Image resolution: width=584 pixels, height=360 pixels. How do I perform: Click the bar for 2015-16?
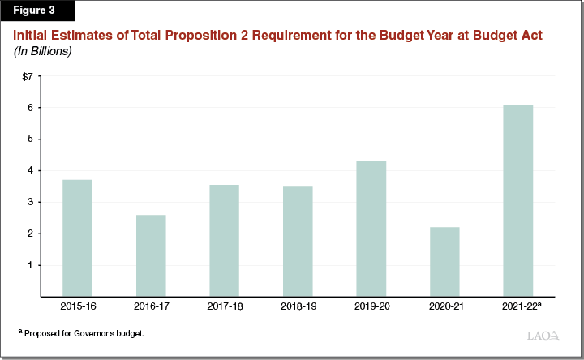point(77,238)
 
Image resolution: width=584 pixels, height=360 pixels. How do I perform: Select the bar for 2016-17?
point(151,255)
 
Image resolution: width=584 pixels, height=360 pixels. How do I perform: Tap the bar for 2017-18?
point(224,240)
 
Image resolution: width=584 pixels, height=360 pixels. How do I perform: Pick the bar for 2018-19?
point(298,241)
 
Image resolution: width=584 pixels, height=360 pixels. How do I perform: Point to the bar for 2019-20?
point(371,228)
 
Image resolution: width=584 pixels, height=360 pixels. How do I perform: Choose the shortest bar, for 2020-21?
point(444,261)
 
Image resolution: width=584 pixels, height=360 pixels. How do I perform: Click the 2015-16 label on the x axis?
point(77,307)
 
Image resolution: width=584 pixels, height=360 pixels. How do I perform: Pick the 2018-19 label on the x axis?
point(298,307)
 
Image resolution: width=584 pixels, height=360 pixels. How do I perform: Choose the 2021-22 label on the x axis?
point(517,307)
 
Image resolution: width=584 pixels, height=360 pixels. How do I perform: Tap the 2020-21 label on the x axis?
point(444,307)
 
